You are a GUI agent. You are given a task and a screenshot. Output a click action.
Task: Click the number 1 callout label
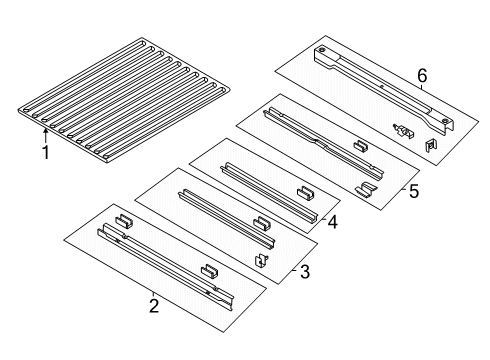(45, 152)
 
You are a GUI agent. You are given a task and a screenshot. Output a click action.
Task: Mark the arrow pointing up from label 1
(45, 134)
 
